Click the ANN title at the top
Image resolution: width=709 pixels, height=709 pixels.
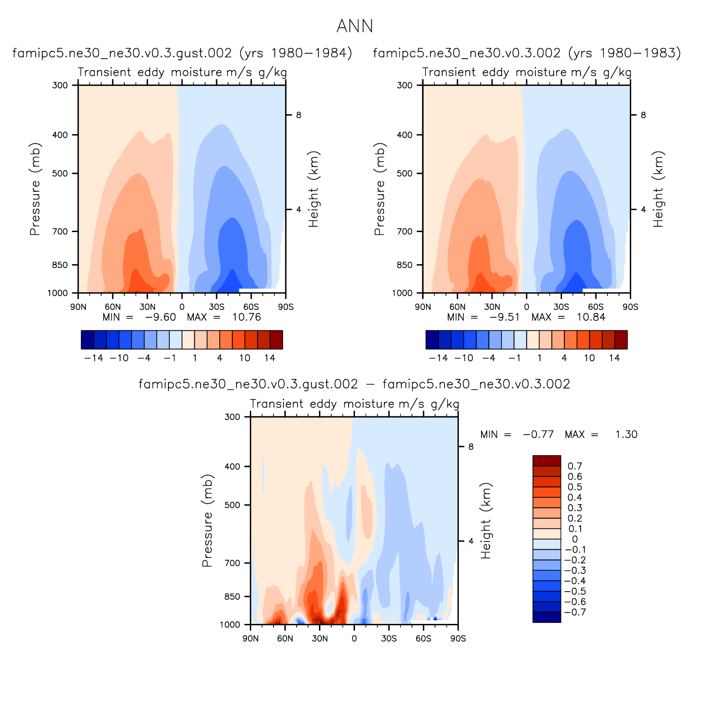tap(354, 26)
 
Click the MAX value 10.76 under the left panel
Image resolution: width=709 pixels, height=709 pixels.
tap(247, 317)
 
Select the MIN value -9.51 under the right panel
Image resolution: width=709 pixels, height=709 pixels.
tap(504, 317)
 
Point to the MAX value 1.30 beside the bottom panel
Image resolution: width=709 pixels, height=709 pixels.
tap(626, 435)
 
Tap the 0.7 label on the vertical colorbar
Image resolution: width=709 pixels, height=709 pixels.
tap(575, 466)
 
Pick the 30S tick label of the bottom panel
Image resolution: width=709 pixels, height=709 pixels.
tap(389, 638)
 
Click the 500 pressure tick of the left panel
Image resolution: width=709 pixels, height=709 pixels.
tap(60, 173)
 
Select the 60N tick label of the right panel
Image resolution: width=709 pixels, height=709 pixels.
tap(457, 307)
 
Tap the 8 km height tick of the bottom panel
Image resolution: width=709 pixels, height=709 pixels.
tap(471, 446)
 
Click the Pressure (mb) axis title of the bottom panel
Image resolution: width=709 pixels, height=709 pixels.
tap(208, 521)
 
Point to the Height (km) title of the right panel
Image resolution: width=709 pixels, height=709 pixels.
tap(658, 189)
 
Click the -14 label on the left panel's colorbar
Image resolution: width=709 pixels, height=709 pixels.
tap(94, 358)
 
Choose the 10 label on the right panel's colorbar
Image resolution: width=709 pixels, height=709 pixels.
tap(589, 358)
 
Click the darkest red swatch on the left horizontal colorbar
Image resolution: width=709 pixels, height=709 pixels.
tap(276, 340)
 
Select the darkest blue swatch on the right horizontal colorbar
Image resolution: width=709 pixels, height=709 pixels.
tap(432, 340)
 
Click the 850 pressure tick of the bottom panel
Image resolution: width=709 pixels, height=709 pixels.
tap(232, 597)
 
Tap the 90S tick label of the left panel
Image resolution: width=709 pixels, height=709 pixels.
tap(285, 307)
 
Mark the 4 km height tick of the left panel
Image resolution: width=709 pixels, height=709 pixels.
tap(299, 210)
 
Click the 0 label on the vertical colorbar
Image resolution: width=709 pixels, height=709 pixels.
tap(575, 539)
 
